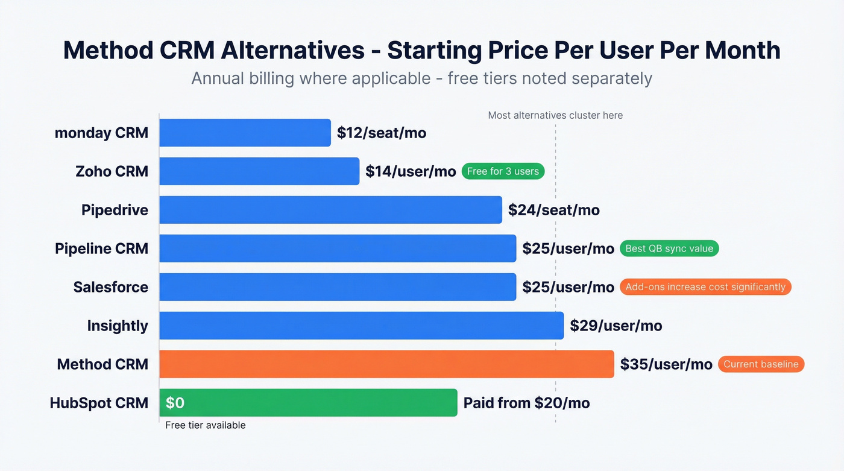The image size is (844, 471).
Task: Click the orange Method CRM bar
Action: pos(386,364)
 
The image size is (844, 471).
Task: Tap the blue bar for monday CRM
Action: pos(245,133)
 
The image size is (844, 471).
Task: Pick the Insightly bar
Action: pos(361,326)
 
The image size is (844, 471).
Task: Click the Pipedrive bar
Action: pos(330,210)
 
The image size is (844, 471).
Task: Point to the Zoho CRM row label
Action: pos(112,171)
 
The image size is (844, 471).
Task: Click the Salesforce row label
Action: pos(111,287)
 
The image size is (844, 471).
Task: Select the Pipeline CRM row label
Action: pos(101,248)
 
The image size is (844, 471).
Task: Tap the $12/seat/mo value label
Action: pos(382,133)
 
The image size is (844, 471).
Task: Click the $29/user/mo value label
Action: pos(616,326)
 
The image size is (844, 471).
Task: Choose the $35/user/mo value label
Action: pos(666,364)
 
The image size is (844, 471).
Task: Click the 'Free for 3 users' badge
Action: pos(503,171)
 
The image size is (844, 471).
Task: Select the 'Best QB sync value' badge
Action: pos(669,248)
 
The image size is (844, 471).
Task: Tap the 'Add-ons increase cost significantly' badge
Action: pos(705,287)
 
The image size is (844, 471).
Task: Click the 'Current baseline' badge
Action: pos(761,364)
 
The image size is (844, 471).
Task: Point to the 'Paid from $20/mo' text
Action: pos(526,403)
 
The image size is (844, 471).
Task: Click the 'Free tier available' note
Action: pos(206,425)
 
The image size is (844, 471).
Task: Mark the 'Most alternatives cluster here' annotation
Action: pos(555,115)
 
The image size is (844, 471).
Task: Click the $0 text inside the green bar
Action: pos(175,403)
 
